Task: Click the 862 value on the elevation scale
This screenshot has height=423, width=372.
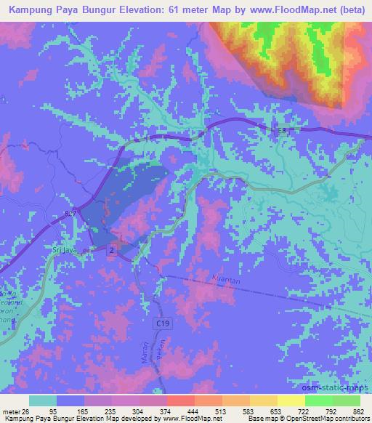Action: tap(357, 411)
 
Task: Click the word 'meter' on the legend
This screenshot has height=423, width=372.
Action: tap(10, 411)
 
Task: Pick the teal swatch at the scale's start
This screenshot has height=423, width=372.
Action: tap(43, 400)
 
